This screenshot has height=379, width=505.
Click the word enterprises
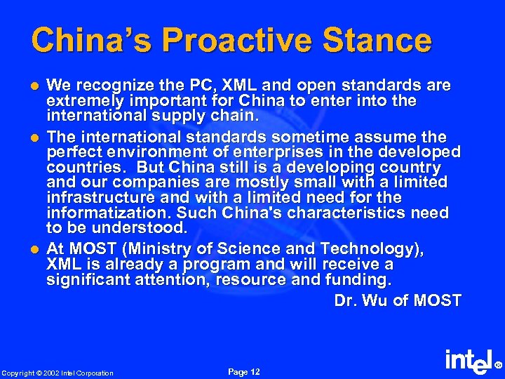click(255, 152)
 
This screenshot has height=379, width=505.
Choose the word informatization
click(95, 213)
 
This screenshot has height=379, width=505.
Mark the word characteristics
click(332, 213)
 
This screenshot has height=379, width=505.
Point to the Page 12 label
click(244, 371)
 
